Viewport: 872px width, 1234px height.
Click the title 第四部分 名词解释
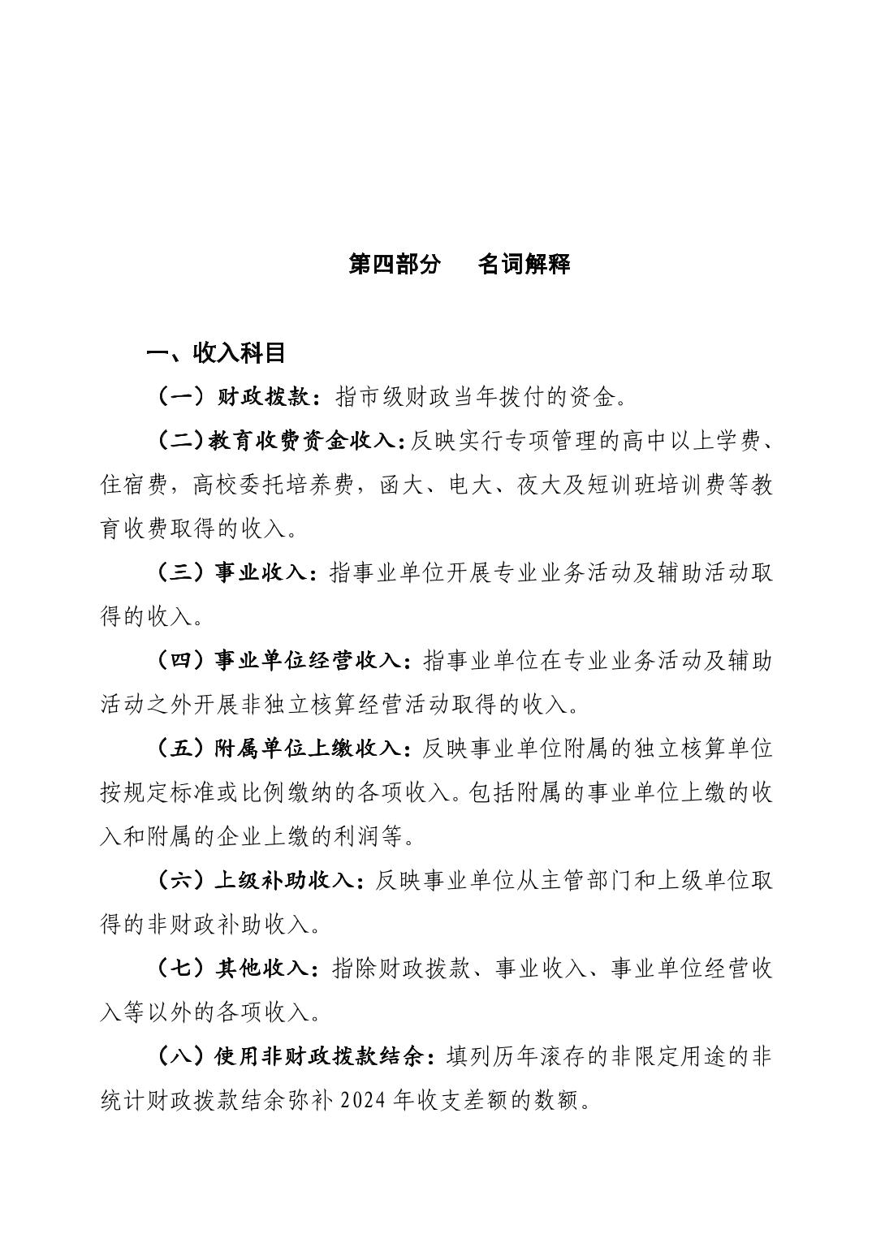460,264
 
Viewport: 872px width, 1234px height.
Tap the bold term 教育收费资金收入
300,441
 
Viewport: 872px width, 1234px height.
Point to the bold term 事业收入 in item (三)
260,572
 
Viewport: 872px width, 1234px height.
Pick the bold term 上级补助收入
283,880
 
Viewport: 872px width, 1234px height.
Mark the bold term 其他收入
261,968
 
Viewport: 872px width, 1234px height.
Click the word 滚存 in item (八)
586,1056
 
